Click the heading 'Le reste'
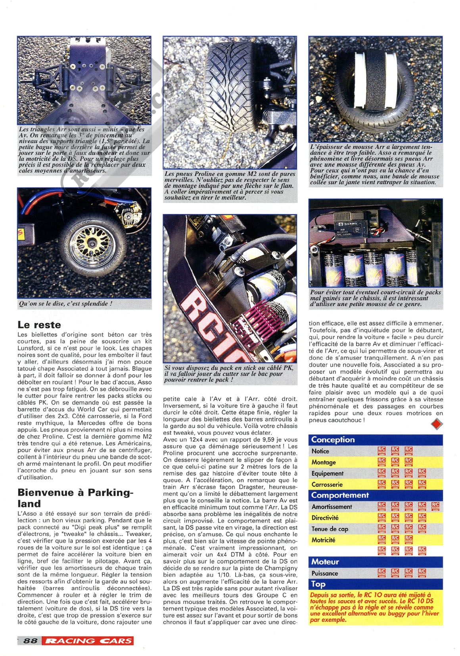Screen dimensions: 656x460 pyautogui.click(x=39, y=325)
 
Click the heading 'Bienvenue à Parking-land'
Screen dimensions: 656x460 pyautogui.click(x=76, y=498)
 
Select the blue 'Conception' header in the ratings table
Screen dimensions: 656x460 pyautogui.click(x=333, y=439)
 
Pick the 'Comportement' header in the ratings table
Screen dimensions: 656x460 pyautogui.click(x=340, y=495)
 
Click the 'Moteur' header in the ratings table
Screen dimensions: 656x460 pyautogui.click(x=325, y=562)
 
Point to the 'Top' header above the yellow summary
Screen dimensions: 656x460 pyautogui.click(x=318, y=584)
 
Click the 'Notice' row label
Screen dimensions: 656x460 pyautogui.click(x=320, y=451)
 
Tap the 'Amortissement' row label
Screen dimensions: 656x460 pyautogui.click(x=332, y=506)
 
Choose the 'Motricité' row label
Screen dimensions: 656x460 pyautogui.click(x=323, y=540)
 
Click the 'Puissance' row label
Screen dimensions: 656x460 pyautogui.click(x=325, y=573)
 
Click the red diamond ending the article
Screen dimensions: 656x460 pyautogui.click(x=437, y=424)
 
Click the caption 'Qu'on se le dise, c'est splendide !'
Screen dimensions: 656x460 pyautogui.click(x=65, y=304)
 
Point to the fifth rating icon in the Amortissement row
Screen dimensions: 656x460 pyautogui.click(x=435, y=506)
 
